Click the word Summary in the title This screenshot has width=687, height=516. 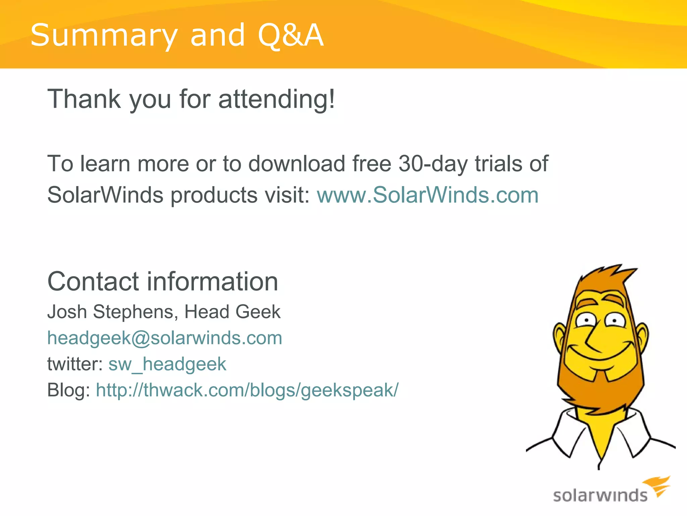point(104,35)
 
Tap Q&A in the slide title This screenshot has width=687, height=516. point(290,35)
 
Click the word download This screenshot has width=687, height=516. point(297,164)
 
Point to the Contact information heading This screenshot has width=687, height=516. point(163,282)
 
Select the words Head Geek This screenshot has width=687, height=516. point(232,312)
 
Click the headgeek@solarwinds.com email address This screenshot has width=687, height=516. point(165,338)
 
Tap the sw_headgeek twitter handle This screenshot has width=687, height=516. point(167,364)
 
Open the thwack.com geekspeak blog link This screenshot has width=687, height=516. point(247,390)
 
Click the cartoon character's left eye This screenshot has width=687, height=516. point(586,320)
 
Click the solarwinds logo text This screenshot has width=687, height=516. point(600,496)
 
